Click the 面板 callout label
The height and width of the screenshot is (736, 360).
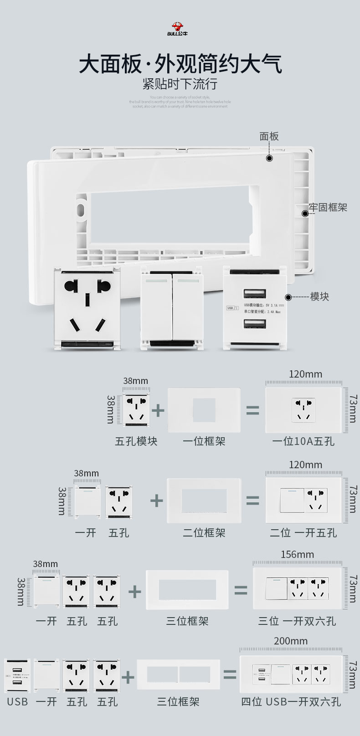coord(269,136)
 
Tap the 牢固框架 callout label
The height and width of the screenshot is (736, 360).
coord(328,207)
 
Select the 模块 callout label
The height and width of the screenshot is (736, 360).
coord(319,296)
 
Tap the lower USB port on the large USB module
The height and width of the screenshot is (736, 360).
coord(255,324)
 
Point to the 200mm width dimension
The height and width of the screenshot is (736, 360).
coord(291,641)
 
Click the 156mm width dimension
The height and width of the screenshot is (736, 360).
coord(297,554)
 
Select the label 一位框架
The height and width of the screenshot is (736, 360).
coord(204,441)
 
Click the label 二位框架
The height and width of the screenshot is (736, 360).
coord(204,532)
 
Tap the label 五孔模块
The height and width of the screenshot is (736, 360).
coord(136,441)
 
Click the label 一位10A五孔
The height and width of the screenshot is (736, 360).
coord(303,441)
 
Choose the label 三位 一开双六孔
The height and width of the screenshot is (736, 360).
coord(297,621)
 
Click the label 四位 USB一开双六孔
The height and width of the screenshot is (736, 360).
coord(291,701)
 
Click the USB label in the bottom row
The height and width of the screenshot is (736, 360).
coord(17,701)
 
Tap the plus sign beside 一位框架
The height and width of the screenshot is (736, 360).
coord(158,410)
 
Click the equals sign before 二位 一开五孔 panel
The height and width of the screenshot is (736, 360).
coord(252,501)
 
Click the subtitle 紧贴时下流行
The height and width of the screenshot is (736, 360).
coord(180,84)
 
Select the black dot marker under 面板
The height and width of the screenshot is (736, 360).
coord(269,158)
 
